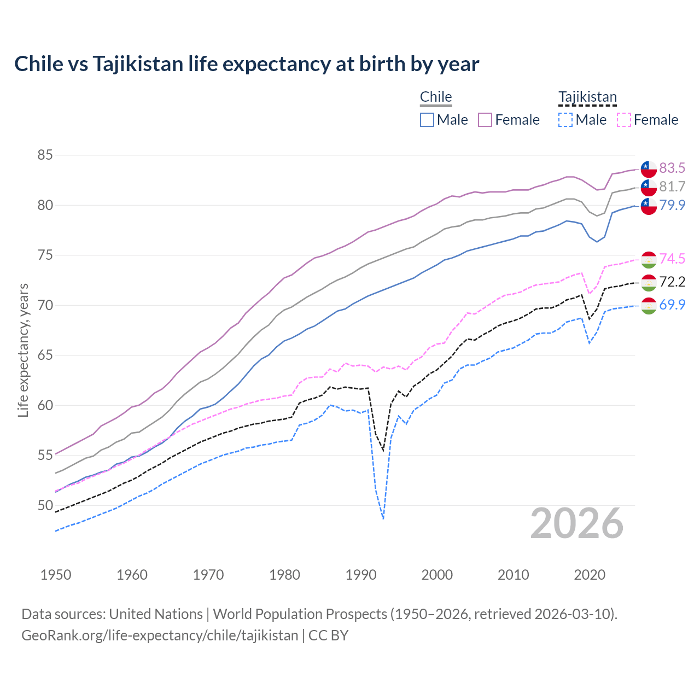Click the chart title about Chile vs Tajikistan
point(247,64)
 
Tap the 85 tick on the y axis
point(45,155)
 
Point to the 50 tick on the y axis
point(45,505)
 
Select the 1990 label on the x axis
point(361,575)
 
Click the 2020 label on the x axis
point(590,575)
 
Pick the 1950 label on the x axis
point(56,575)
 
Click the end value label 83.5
point(672,168)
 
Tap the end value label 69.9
point(672,305)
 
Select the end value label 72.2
point(672,282)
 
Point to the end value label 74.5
point(672,259)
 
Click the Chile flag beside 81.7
point(649,187)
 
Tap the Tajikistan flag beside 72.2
point(649,283)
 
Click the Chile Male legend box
point(427,120)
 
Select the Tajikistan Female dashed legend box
point(624,120)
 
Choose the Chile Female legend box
point(485,120)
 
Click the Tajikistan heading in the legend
point(587,97)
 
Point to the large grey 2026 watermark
point(577,524)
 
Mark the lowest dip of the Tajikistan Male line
point(383,518)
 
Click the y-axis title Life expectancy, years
point(23,350)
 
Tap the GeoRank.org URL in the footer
point(160,635)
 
